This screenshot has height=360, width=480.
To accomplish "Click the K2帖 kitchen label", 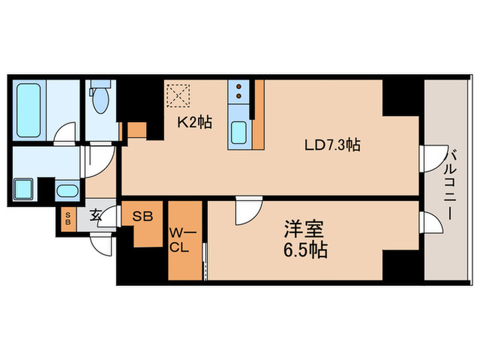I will click(195, 123).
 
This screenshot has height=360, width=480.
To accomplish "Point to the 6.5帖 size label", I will click(303, 250).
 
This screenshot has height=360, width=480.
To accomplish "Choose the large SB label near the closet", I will click(143, 215).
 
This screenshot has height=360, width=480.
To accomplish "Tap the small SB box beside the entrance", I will click(67, 220).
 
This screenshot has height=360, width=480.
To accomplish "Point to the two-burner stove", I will click(238, 93).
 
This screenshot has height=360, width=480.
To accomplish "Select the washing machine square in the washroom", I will click(25, 189).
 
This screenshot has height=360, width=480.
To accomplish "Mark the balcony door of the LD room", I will click(429, 160).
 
